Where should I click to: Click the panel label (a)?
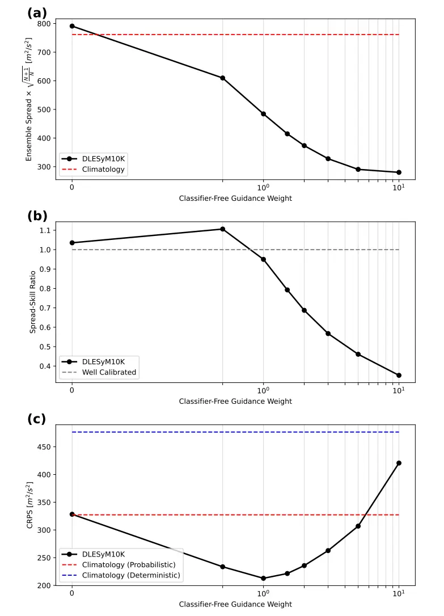click(37, 13)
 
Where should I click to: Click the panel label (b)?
click(37, 216)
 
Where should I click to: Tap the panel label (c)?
click(37, 419)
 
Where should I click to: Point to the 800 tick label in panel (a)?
click(44, 24)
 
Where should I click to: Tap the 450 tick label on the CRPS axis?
click(44, 447)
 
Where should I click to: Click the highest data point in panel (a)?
click(72, 26)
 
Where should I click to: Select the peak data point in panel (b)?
click(223, 229)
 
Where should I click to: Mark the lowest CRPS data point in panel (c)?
click(263, 578)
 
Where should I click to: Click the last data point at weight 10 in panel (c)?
click(399, 463)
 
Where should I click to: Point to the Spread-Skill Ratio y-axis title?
click(32, 301)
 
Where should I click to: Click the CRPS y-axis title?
click(30, 505)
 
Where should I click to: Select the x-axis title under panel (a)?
click(235, 198)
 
